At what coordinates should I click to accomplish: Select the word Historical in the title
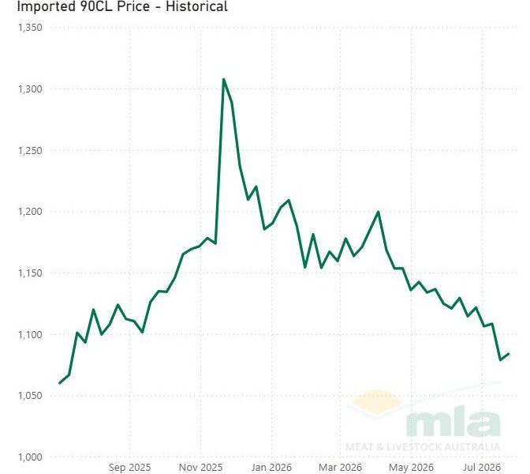[x=196, y=6]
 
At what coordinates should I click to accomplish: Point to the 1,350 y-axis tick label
[x=30, y=28]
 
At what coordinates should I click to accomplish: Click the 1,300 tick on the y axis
[x=30, y=89]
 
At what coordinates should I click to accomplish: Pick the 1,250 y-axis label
[x=30, y=151]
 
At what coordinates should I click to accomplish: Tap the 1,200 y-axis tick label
[x=30, y=212]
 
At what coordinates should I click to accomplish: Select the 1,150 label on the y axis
[x=30, y=273]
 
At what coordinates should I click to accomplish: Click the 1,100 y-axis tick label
[x=30, y=334]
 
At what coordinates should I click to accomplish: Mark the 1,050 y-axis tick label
[x=30, y=396]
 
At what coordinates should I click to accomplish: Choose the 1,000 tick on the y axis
[x=30, y=457]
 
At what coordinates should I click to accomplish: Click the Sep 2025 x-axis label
[x=130, y=468]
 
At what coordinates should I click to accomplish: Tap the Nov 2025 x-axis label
[x=201, y=468]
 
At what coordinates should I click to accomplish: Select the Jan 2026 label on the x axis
[x=271, y=468]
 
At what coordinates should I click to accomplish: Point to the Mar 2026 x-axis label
[x=341, y=468]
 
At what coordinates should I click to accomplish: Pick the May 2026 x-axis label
[x=412, y=468]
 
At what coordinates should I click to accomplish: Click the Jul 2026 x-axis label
[x=482, y=468]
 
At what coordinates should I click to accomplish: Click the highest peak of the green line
[x=223, y=80]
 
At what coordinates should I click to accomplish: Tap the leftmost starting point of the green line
[x=59, y=383]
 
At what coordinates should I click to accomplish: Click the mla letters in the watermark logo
[x=453, y=423]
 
